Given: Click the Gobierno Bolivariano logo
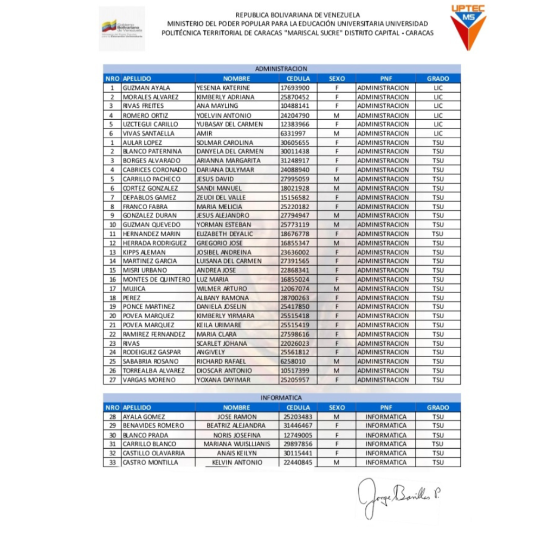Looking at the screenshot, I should pyautogui.click(x=122, y=29).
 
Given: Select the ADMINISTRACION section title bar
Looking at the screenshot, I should pyautogui.click(x=281, y=69).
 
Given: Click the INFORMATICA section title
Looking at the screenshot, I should pyautogui.click(x=281, y=398).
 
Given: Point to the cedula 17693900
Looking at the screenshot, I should pyautogui.click(x=295, y=88).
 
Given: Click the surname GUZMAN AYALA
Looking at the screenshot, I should pyautogui.click(x=146, y=88).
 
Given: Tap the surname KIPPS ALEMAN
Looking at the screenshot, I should pyautogui.click(x=144, y=252).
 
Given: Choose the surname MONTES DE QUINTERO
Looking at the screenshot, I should pyautogui.click(x=157, y=280).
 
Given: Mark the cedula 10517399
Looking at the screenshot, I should pyautogui.click(x=295, y=371).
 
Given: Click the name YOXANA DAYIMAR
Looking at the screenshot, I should pyautogui.click(x=224, y=380).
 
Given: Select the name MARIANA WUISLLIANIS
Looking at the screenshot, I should pyautogui.click(x=236, y=444).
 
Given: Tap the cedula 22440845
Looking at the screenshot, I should pyautogui.click(x=298, y=462).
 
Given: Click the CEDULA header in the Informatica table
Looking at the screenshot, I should pyautogui.click(x=298, y=408).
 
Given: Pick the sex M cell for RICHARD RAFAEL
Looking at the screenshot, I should pyautogui.click(x=337, y=362).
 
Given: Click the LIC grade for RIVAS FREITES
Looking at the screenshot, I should pyautogui.click(x=438, y=106).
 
